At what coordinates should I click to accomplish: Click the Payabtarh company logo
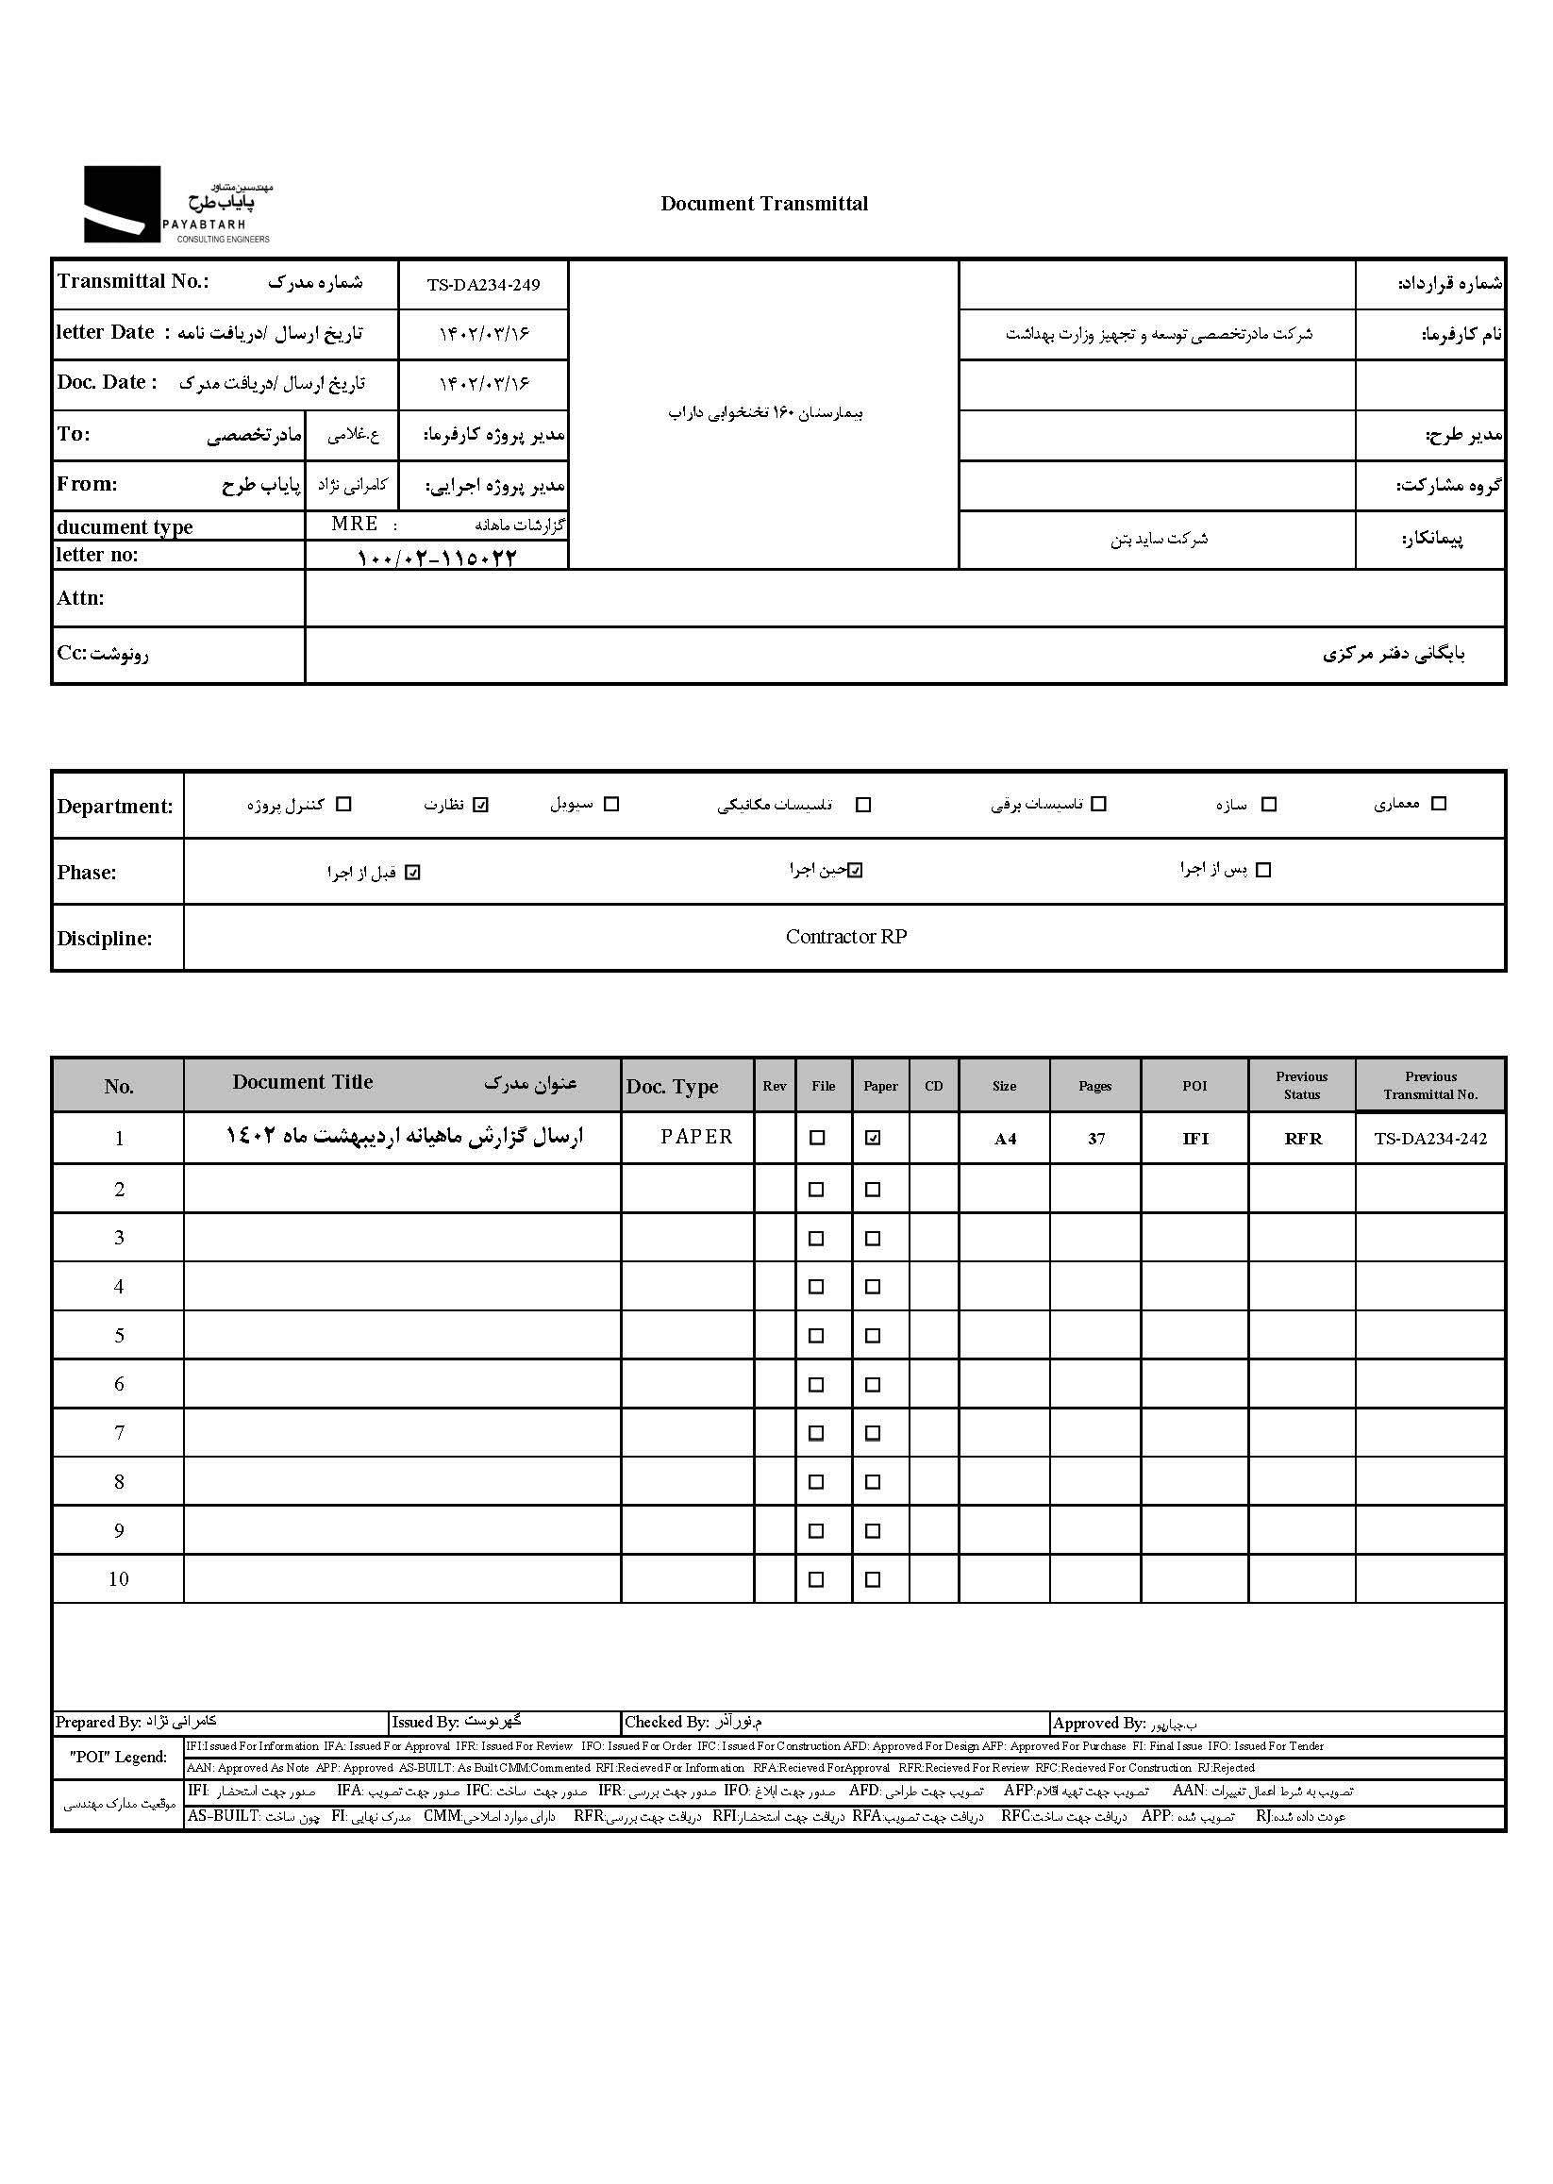pyautogui.click(x=177, y=205)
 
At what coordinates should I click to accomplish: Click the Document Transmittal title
pyautogui.click(x=764, y=204)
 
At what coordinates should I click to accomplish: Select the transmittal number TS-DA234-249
pyautogui.click(x=483, y=285)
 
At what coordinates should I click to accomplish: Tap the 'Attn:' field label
pyautogui.click(x=80, y=598)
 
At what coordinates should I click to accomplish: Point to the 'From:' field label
pyautogui.click(x=86, y=484)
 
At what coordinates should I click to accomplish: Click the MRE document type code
pyautogui.click(x=355, y=524)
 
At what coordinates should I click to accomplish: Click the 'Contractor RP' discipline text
pyautogui.click(x=845, y=937)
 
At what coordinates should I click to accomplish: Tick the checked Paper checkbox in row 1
pyautogui.click(x=873, y=1138)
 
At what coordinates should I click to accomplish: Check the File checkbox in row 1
pyautogui.click(x=817, y=1138)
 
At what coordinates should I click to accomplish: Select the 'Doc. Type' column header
pyautogui.click(x=673, y=1086)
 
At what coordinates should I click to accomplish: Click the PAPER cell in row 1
pyautogui.click(x=696, y=1137)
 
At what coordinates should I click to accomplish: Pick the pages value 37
pyautogui.click(x=1096, y=1139)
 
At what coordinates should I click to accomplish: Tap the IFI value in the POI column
pyautogui.click(x=1195, y=1139)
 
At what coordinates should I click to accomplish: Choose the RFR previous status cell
pyautogui.click(x=1302, y=1139)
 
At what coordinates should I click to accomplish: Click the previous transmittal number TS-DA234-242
pyautogui.click(x=1430, y=1139)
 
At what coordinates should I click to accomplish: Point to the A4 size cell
pyautogui.click(x=1005, y=1139)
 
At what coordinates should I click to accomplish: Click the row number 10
pyautogui.click(x=119, y=1579)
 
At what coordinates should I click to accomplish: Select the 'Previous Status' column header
pyautogui.click(x=1301, y=1085)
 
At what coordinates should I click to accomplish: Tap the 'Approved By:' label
pyautogui.click(x=1099, y=1723)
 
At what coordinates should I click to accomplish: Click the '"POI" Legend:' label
pyautogui.click(x=118, y=1757)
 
